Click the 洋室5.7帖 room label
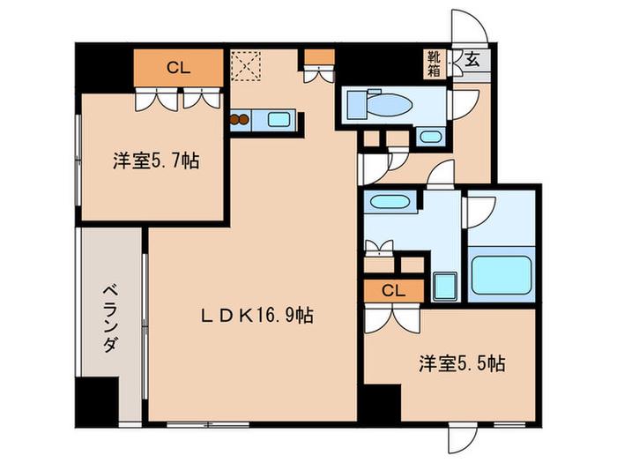click(x=156, y=161)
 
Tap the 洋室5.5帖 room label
click(x=462, y=363)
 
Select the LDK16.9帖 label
click(x=257, y=316)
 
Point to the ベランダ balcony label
click(x=110, y=319)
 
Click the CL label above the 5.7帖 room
click(x=179, y=68)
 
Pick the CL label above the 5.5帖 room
click(x=393, y=291)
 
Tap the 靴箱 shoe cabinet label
click(x=435, y=63)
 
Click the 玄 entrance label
click(x=472, y=59)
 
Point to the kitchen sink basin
click(x=279, y=119)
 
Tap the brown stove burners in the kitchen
click(x=239, y=119)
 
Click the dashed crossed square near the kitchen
click(x=246, y=65)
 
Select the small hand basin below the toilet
click(x=430, y=137)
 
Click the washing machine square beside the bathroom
click(x=445, y=287)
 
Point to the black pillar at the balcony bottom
click(x=97, y=401)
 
